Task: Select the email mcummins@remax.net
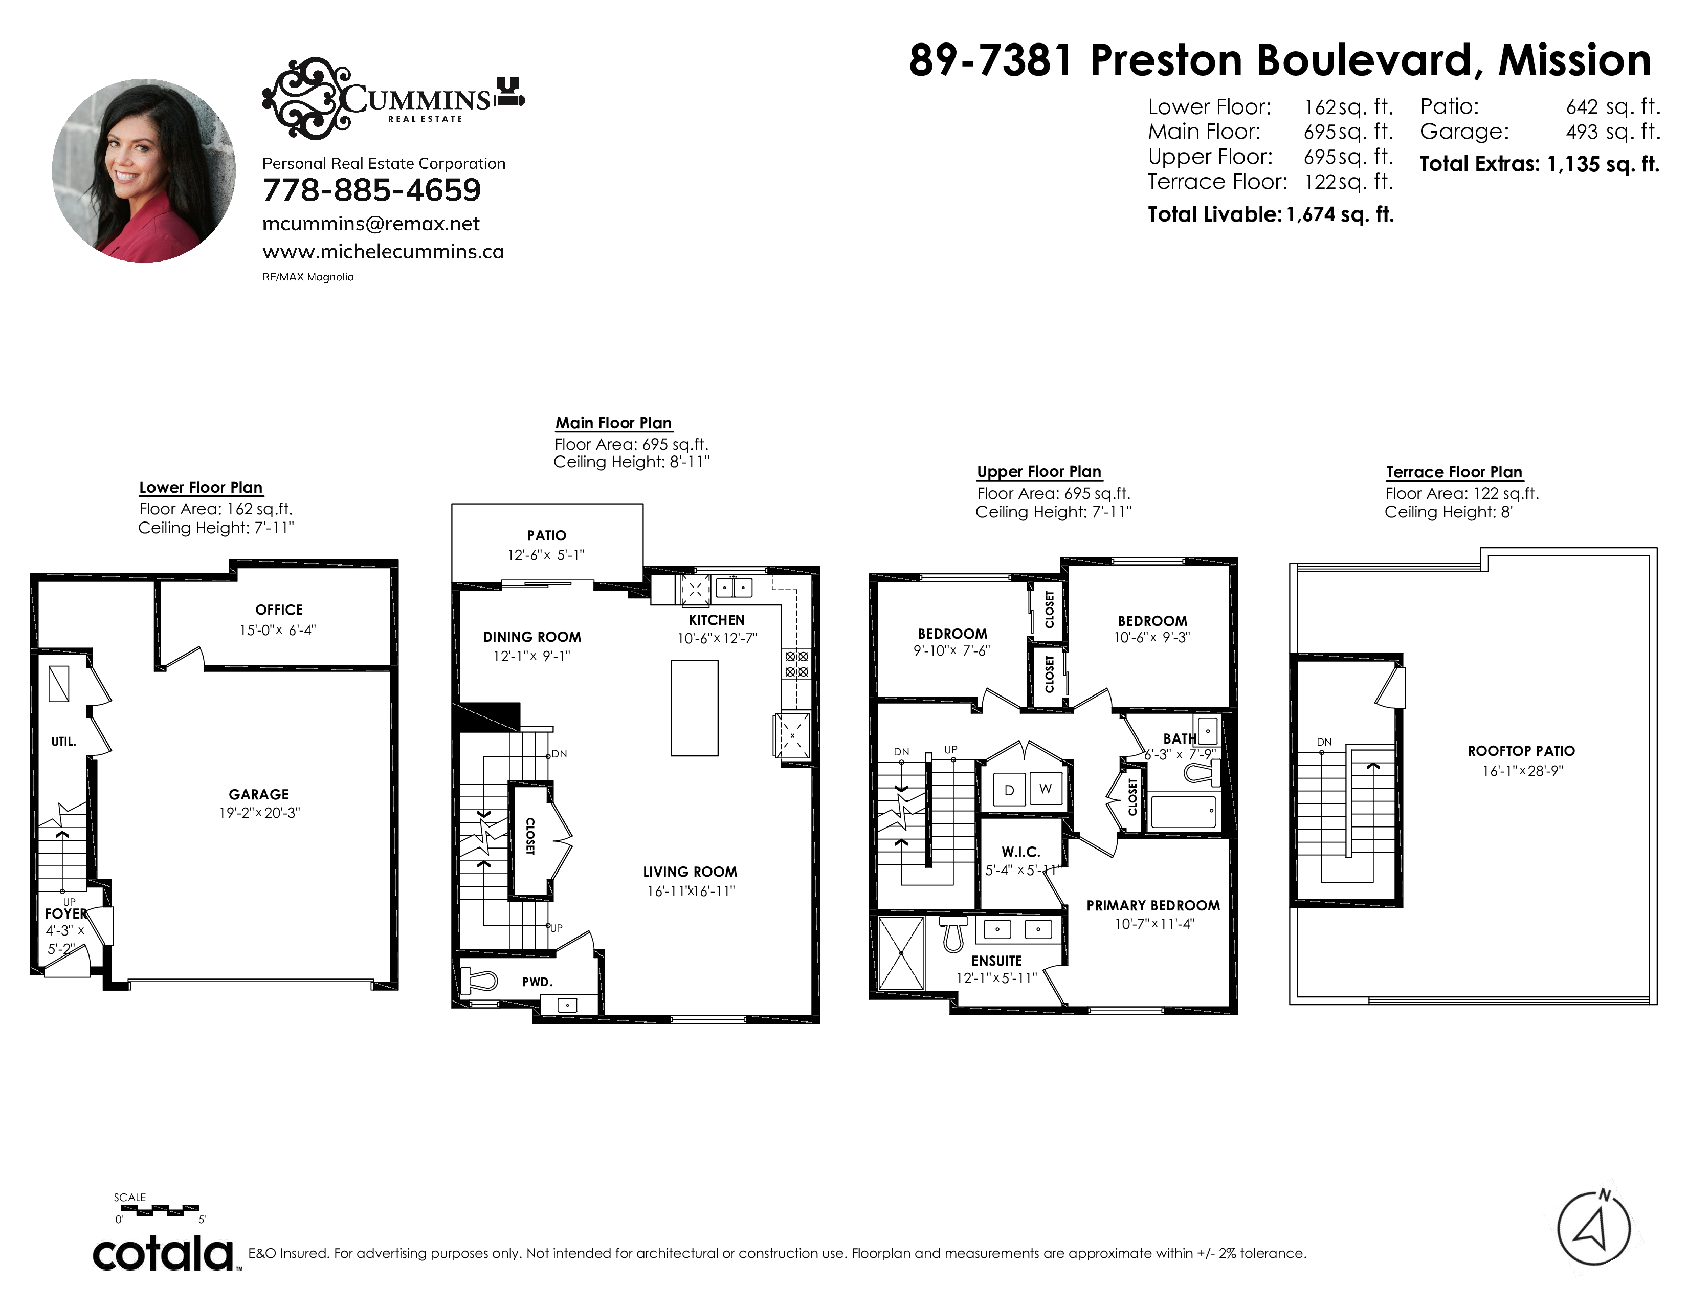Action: point(371,224)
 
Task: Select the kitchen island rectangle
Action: point(694,707)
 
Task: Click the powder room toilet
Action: point(479,981)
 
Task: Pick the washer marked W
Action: point(1046,789)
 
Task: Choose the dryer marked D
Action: point(1009,789)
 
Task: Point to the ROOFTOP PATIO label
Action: point(1521,751)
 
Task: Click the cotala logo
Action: point(164,1254)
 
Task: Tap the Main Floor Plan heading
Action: point(614,423)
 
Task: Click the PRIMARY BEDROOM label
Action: point(1153,905)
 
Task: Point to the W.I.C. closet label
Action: point(1021,852)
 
